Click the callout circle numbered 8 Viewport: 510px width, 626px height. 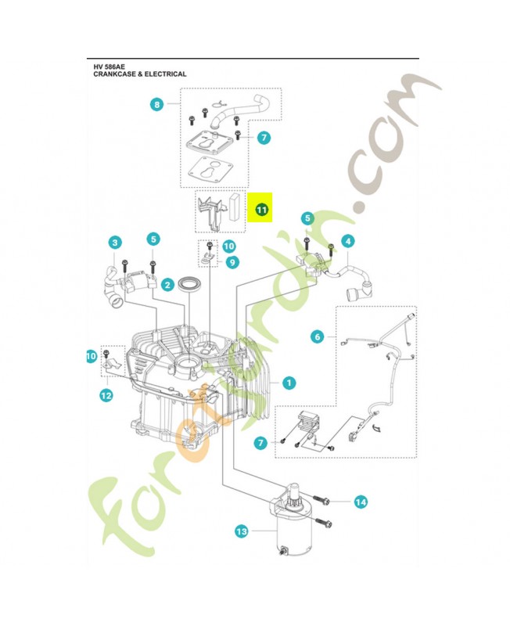coord(156,103)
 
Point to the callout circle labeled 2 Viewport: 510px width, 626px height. coord(167,286)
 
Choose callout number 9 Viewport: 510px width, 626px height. coord(232,263)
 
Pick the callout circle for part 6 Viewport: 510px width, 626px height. coord(317,337)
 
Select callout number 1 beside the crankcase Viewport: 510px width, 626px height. coord(289,383)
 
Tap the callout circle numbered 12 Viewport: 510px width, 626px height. coord(106,396)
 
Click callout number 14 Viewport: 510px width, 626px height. coord(361,501)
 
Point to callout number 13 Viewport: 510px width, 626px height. coord(241,532)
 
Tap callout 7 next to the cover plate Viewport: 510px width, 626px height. coord(264,138)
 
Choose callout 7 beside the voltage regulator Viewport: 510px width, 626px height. coord(260,444)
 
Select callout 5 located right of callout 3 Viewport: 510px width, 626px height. coord(153,238)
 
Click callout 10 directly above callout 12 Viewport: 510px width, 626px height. coord(91,356)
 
